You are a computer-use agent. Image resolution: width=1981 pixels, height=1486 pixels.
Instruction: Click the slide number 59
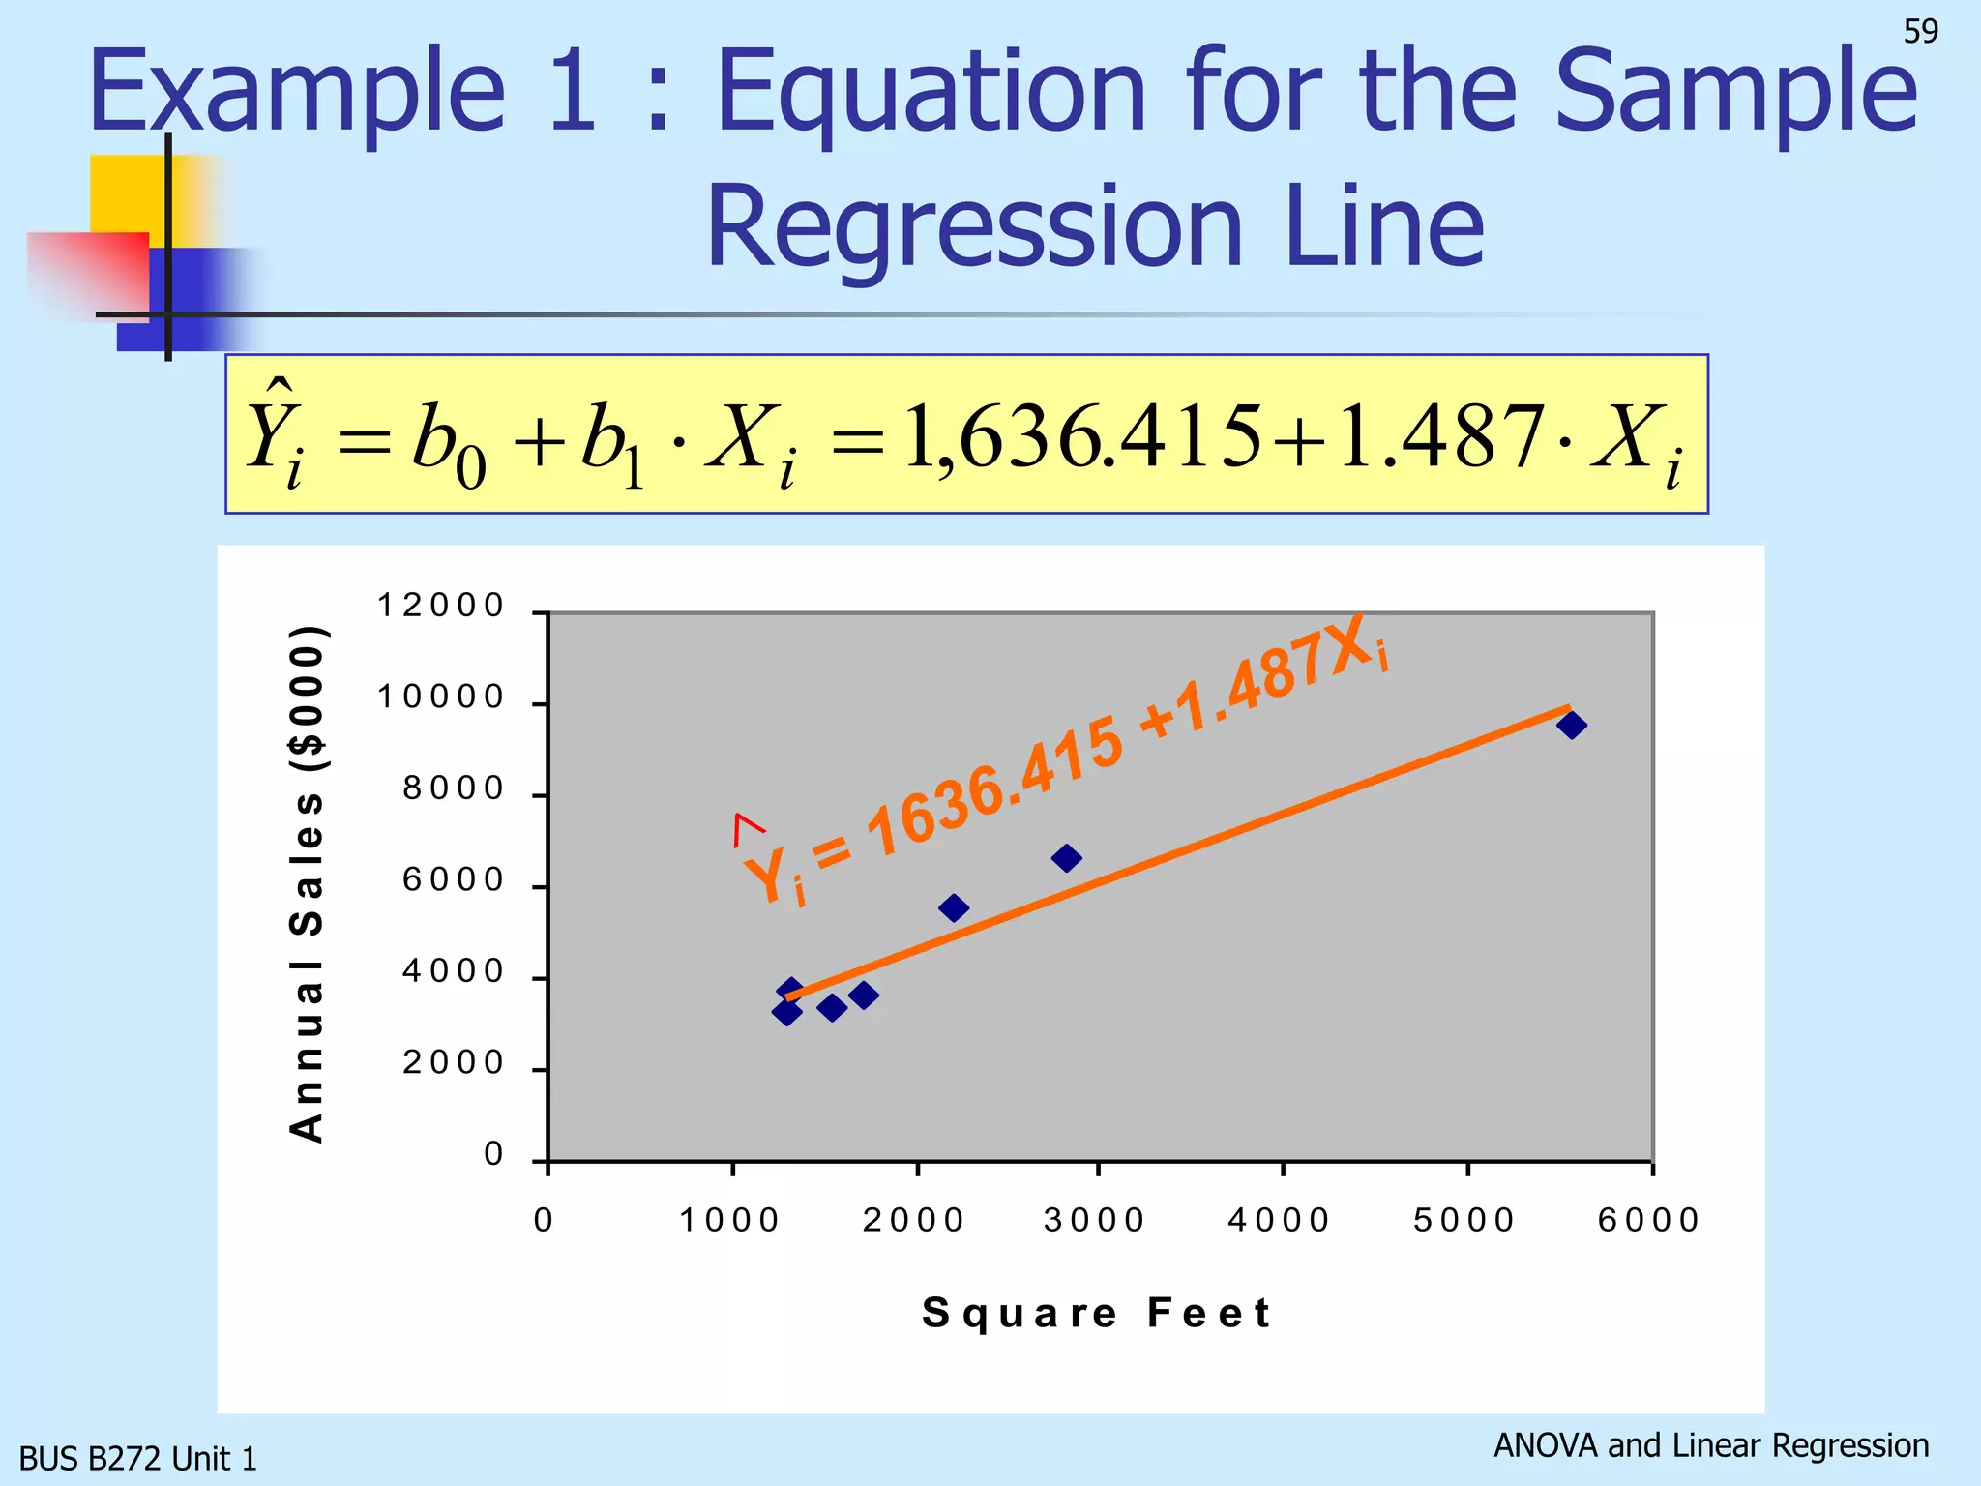click(x=1920, y=32)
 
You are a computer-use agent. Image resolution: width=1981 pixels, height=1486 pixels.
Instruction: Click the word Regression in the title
click(x=973, y=228)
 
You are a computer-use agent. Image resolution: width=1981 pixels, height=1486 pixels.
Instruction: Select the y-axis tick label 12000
click(x=441, y=606)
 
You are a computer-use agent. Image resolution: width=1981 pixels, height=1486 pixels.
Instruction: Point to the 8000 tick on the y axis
click(x=454, y=788)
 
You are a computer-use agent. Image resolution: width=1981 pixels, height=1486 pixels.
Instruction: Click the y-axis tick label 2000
click(x=454, y=1063)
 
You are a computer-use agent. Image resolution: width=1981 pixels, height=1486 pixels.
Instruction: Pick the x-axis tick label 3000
click(x=1095, y=1220)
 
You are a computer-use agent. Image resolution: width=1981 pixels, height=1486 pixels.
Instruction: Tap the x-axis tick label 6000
click(x=1649, y=1220)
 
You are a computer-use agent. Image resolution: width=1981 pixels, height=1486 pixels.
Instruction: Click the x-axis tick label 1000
click(x=730, y=1220)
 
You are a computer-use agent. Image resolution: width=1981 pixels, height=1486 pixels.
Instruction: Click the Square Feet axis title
click(x=1097, y=1313)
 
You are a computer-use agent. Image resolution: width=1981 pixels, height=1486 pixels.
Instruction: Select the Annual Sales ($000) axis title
click(x=308, y=883)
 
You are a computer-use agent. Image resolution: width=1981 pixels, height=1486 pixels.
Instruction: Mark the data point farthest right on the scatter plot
click(x=1572, y=725)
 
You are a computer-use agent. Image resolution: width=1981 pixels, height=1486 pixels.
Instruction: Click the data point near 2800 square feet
click(x=1066, y=858)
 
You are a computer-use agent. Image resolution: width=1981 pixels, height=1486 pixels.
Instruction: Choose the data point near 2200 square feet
click(x=954, y=907)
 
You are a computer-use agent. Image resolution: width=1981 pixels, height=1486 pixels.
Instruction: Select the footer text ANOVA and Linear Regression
click(x=1711, y=1445)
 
